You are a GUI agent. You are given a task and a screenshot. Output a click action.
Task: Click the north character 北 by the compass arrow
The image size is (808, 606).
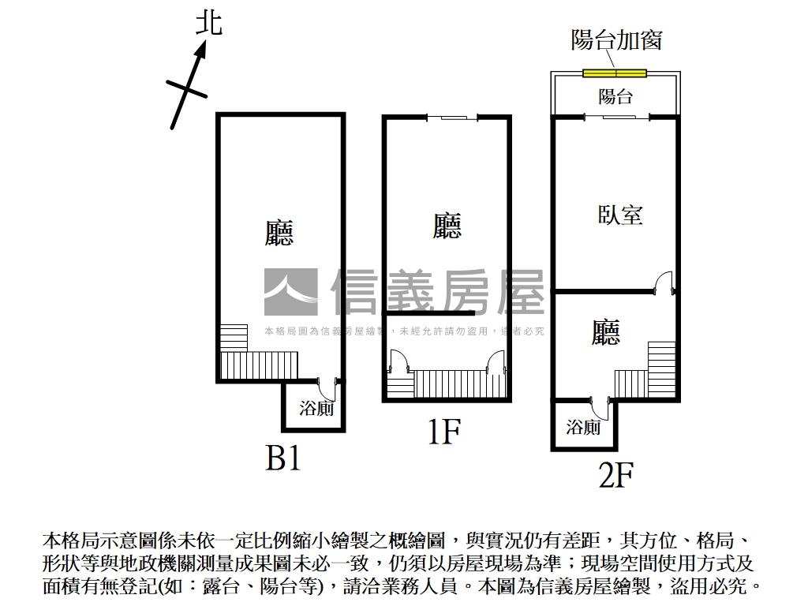[x=208, y=23]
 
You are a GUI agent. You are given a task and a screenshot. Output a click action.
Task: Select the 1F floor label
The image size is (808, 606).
[x=443, y=432]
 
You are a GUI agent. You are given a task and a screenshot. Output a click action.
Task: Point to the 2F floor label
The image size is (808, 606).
[x=615, y=475]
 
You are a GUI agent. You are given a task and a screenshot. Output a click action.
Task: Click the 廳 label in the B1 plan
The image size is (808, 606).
[x=279, y=233]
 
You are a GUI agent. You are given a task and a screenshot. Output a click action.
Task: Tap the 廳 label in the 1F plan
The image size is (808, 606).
[x=447, y=226]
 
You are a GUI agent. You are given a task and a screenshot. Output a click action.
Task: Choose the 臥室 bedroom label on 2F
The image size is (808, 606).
[x=620, y=215]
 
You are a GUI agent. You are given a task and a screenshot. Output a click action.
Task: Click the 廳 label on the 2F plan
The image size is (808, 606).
[x=605, y=332]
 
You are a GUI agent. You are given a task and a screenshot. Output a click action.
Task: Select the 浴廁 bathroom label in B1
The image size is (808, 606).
[x=316, y=409]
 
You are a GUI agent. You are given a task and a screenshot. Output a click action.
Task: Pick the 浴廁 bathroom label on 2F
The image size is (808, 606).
[x=583, y=427]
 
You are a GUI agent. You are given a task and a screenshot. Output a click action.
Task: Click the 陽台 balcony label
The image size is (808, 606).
[x=615, y=96]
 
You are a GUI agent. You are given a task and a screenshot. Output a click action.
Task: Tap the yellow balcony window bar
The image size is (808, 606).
[x=615, y=73]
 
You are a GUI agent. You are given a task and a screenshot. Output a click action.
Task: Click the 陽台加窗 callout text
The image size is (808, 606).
[x=616, y=39]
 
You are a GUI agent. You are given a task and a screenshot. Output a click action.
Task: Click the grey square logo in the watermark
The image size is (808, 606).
[x=290, y=292]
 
